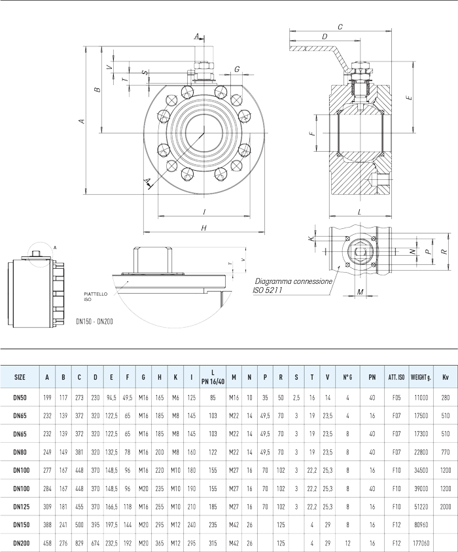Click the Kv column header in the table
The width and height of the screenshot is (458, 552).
[446, 377]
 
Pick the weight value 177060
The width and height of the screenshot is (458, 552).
[419, 543]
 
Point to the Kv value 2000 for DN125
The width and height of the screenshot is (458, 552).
[446, 506]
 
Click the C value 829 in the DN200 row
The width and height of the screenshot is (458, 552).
[79, 543]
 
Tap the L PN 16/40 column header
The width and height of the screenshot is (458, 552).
[213, 377]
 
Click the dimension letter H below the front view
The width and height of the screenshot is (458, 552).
[204, 228]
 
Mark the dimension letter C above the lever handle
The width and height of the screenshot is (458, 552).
[340, 27]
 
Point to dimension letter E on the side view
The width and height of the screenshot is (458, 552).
[408, 97]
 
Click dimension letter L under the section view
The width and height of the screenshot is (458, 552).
[361, 212]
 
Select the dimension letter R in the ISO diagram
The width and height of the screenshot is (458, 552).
[444, 251]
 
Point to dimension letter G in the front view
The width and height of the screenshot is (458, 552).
[236, 69]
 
